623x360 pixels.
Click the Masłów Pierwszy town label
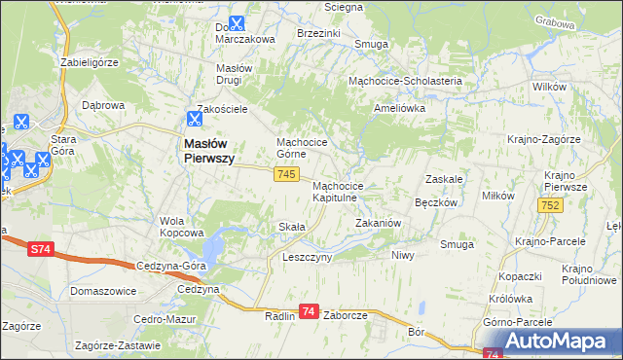click(x=208, y=153)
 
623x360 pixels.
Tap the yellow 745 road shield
click(x=285, y=173)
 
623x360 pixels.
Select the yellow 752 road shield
click(x=551, y=204)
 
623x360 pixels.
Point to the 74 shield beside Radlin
click(x=309, y=311)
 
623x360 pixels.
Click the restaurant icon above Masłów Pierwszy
click(x=194, y=121)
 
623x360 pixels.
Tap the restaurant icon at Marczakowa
click(x=237, y=24)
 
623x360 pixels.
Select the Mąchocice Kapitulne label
click(x=338, y=191)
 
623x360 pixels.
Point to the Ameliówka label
click(x=400, y=108)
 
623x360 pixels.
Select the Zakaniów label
click(x=378, y=223)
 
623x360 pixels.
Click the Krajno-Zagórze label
click(x=543, y=139)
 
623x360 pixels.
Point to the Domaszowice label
click(x=102, y=291)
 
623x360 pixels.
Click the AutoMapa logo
click(x=555, y=342)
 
